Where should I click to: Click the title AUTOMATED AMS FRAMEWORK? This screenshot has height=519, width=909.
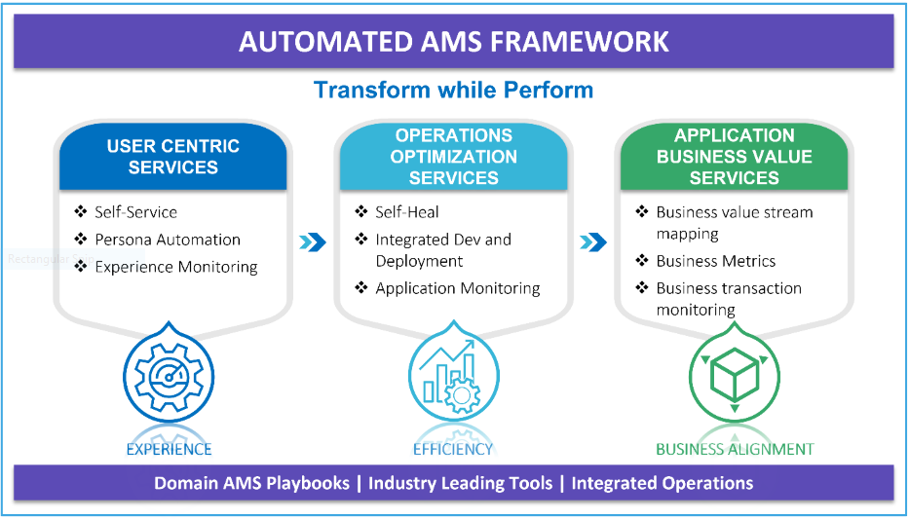[453, 42]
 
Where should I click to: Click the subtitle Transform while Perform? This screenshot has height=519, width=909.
[453, 90]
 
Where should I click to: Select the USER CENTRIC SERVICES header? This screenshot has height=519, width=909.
[172, 157]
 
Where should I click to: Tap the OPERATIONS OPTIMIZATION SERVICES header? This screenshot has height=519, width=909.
[453, 157]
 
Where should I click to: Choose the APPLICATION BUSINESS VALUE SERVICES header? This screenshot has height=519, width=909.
[734, 157]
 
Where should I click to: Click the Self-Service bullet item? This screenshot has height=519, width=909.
[135, 212]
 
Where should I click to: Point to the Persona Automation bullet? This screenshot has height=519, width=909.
[167, 240]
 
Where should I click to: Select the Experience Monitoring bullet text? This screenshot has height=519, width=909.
[176, 267]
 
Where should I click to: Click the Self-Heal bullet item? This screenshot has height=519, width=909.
[407, 212]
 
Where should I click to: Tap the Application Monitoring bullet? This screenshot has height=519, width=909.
[457, 288]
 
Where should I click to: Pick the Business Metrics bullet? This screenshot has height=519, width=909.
[715, 261]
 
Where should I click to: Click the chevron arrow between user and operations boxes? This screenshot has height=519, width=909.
[313, 242]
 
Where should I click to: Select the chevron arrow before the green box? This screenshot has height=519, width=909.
[593, 242]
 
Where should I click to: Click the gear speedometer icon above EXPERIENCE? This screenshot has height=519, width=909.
[170, 377]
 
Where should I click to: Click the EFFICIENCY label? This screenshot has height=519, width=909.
[453, 449]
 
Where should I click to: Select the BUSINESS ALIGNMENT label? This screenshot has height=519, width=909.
[735, 449]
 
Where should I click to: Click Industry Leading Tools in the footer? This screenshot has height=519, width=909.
[460, 483]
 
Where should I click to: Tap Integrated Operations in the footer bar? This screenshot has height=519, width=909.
[663, 483]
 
